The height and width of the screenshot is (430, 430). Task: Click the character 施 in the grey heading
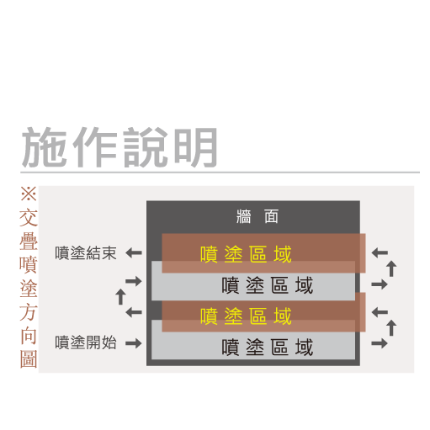point(45,146)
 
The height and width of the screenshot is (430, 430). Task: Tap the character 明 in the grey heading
point(195,146)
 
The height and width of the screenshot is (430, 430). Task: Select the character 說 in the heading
point(146,146)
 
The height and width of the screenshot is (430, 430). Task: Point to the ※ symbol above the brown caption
point(29,194)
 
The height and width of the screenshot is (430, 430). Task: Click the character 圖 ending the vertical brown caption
point(29,358)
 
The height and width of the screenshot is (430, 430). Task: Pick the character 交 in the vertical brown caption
point(29,217)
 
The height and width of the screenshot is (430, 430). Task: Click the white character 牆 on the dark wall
point(243,216)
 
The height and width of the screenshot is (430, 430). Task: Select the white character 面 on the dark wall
point(271,216)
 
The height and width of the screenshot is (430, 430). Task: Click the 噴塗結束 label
point(86,253)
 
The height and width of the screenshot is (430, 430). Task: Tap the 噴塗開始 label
point(86,342)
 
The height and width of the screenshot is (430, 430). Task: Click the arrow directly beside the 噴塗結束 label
point(134,253)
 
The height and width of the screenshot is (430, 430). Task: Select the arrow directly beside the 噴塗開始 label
point(134,342)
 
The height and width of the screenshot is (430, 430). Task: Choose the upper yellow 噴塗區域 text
point(246,254)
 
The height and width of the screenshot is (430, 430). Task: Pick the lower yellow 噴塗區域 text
point(246,316)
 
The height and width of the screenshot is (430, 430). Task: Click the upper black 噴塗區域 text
point(268,285)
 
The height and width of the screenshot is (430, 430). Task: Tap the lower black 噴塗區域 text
point(268,348)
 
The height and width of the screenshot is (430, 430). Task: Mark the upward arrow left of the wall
point(121,297)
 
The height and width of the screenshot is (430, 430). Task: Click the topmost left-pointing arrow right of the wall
point(380,252)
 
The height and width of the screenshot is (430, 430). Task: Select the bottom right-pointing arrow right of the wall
point(380,343)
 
